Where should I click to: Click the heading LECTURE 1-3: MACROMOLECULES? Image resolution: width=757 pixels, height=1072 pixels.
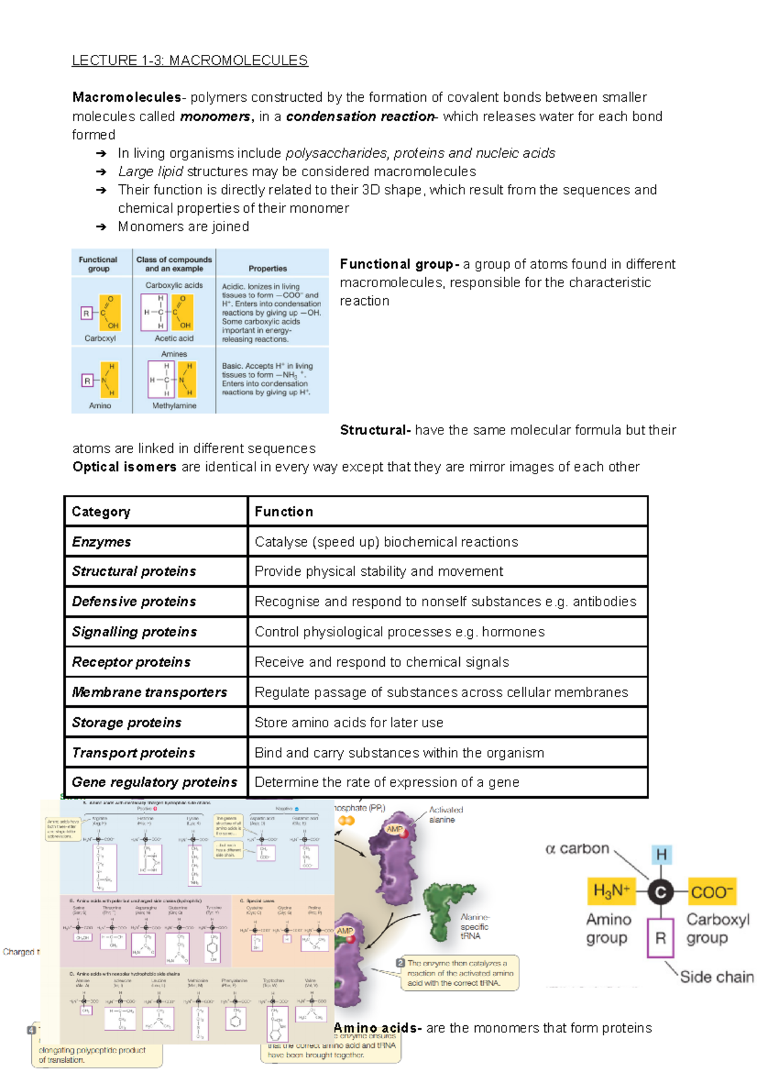pyautogui.click(x=189, y=61)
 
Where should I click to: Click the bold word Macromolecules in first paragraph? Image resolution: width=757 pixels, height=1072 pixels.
pyautogui.click(x=126, y=97)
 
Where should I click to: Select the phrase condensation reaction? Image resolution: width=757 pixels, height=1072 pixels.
pyautogui.click(x=360, y=116)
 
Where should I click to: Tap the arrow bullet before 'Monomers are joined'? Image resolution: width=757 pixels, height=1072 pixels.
pyautogui.click(x=101, y=227)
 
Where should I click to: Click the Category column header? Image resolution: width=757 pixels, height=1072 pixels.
pyautogui.click(x=101, y=511)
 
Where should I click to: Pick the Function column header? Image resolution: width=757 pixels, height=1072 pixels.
pyautogui.click(x=284, y=511)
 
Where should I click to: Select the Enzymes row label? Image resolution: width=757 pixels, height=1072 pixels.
pyautogui.click(x=101, y=542)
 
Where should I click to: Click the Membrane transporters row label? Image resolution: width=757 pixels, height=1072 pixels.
pyautogui.click(x=150, y=692)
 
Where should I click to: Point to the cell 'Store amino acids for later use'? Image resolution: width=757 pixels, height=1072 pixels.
pyautogui.click(x=349, y=722)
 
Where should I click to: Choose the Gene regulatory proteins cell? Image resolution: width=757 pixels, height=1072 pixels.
pyautogui.click(x=155, y=782)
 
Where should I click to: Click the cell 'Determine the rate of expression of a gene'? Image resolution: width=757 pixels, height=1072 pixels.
pyautogui.click(x=387, y=782)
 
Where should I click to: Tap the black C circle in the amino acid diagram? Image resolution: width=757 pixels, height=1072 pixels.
pyautogui.click(x=660, y=892)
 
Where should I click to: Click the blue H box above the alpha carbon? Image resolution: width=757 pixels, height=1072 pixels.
pyautogui.click(x=661, y=855)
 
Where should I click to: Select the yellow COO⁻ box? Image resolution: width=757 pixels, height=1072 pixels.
pyautogui.click(x=712, y=892)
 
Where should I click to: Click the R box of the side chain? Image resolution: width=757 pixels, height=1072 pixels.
pyautogui.click(x=660, y=938)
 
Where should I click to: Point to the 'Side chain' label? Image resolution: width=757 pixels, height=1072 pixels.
pyautogui.click(x=716, y=977)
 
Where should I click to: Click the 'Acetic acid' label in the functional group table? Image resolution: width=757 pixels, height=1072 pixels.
pyautogui.click(x=174, y=338)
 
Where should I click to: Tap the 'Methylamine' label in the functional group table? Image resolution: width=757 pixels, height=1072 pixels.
pyautogui.click(x=174, y=406)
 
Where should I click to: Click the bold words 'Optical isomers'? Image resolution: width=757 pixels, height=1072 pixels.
pyautogui.click(x=124, y=467)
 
